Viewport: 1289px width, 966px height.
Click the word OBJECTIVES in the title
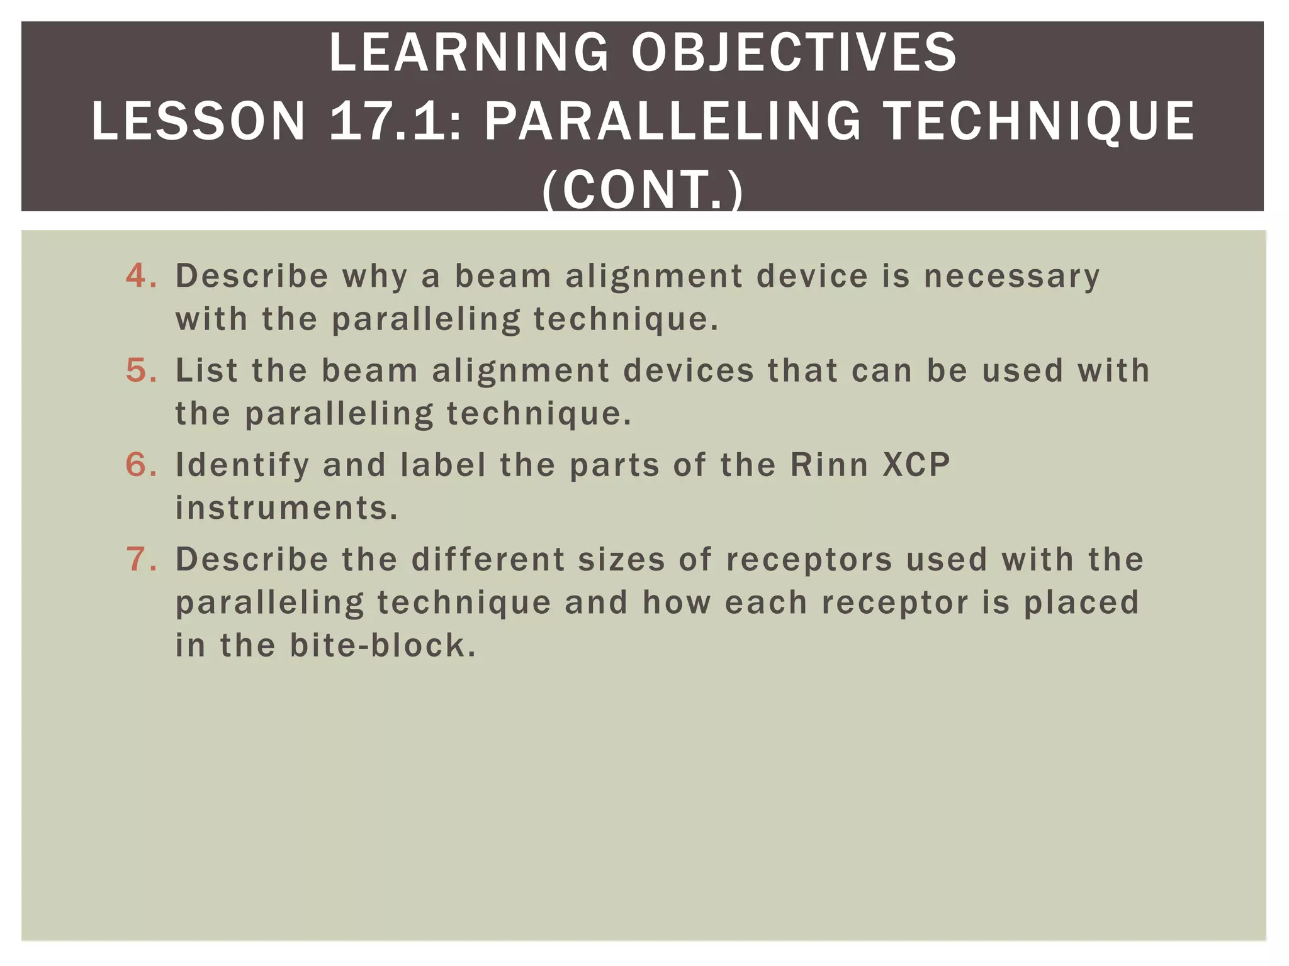pos(794,53)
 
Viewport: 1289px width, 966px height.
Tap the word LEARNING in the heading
pos(469,53)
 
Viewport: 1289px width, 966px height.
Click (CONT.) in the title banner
pos(643,189)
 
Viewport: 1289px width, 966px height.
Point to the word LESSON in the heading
pos(198,121)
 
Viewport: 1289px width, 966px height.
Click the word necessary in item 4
pos(1011,277)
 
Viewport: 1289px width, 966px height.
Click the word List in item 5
pos(206,370)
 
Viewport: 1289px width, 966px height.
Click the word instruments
pos(286,508)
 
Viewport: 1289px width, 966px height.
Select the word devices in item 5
pos(689,370)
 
